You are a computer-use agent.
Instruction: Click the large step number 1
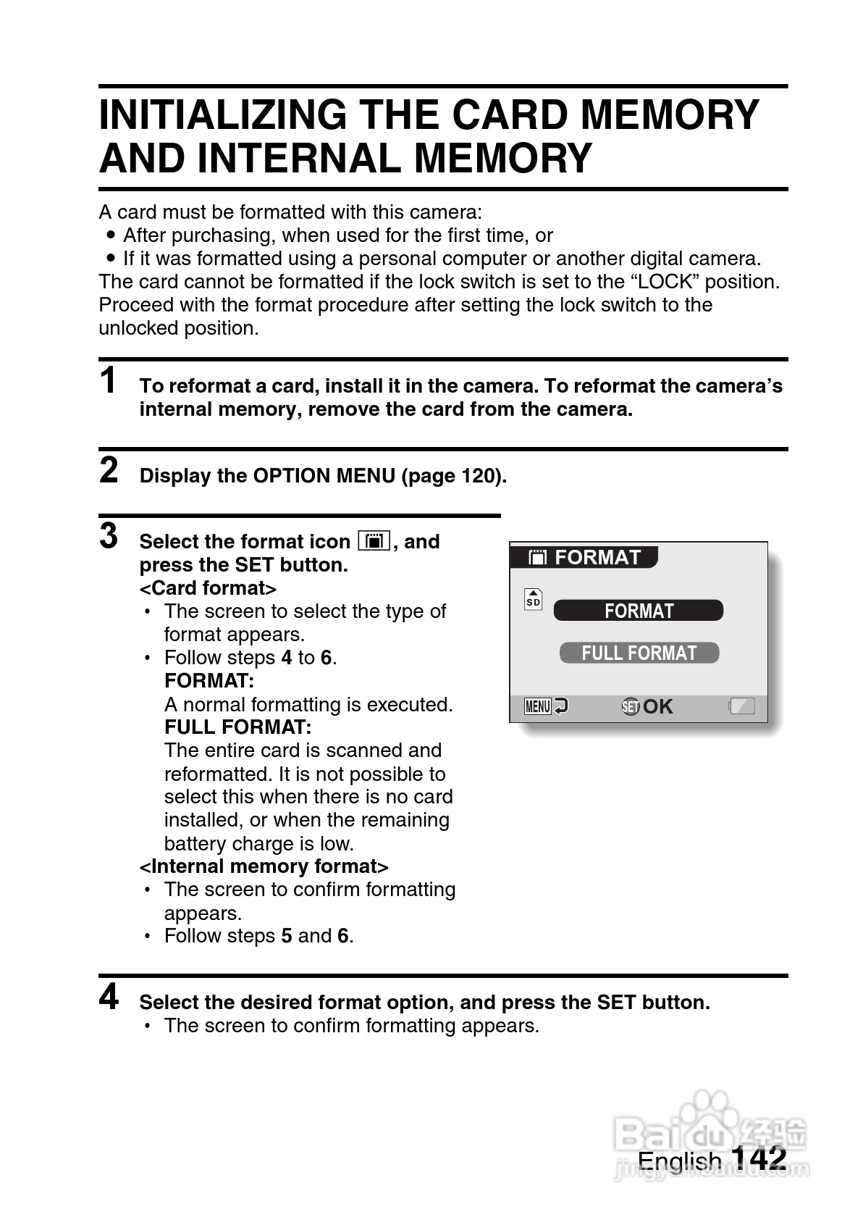109,381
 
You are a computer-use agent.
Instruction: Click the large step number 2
109,470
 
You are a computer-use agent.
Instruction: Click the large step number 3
109,536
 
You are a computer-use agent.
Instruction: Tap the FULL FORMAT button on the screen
639,653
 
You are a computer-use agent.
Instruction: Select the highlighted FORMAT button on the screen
638,611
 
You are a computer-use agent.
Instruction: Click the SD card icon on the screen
533,599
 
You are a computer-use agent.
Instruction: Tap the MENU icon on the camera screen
538,706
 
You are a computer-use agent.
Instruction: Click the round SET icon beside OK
631,706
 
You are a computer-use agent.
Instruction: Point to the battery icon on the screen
742,706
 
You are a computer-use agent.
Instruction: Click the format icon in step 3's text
374,541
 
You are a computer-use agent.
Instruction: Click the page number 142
759,1157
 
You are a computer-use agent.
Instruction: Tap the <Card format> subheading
208,588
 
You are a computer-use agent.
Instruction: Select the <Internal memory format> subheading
264,866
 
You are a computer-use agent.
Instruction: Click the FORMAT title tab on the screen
584,557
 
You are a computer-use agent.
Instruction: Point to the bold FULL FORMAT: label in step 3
237,727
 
